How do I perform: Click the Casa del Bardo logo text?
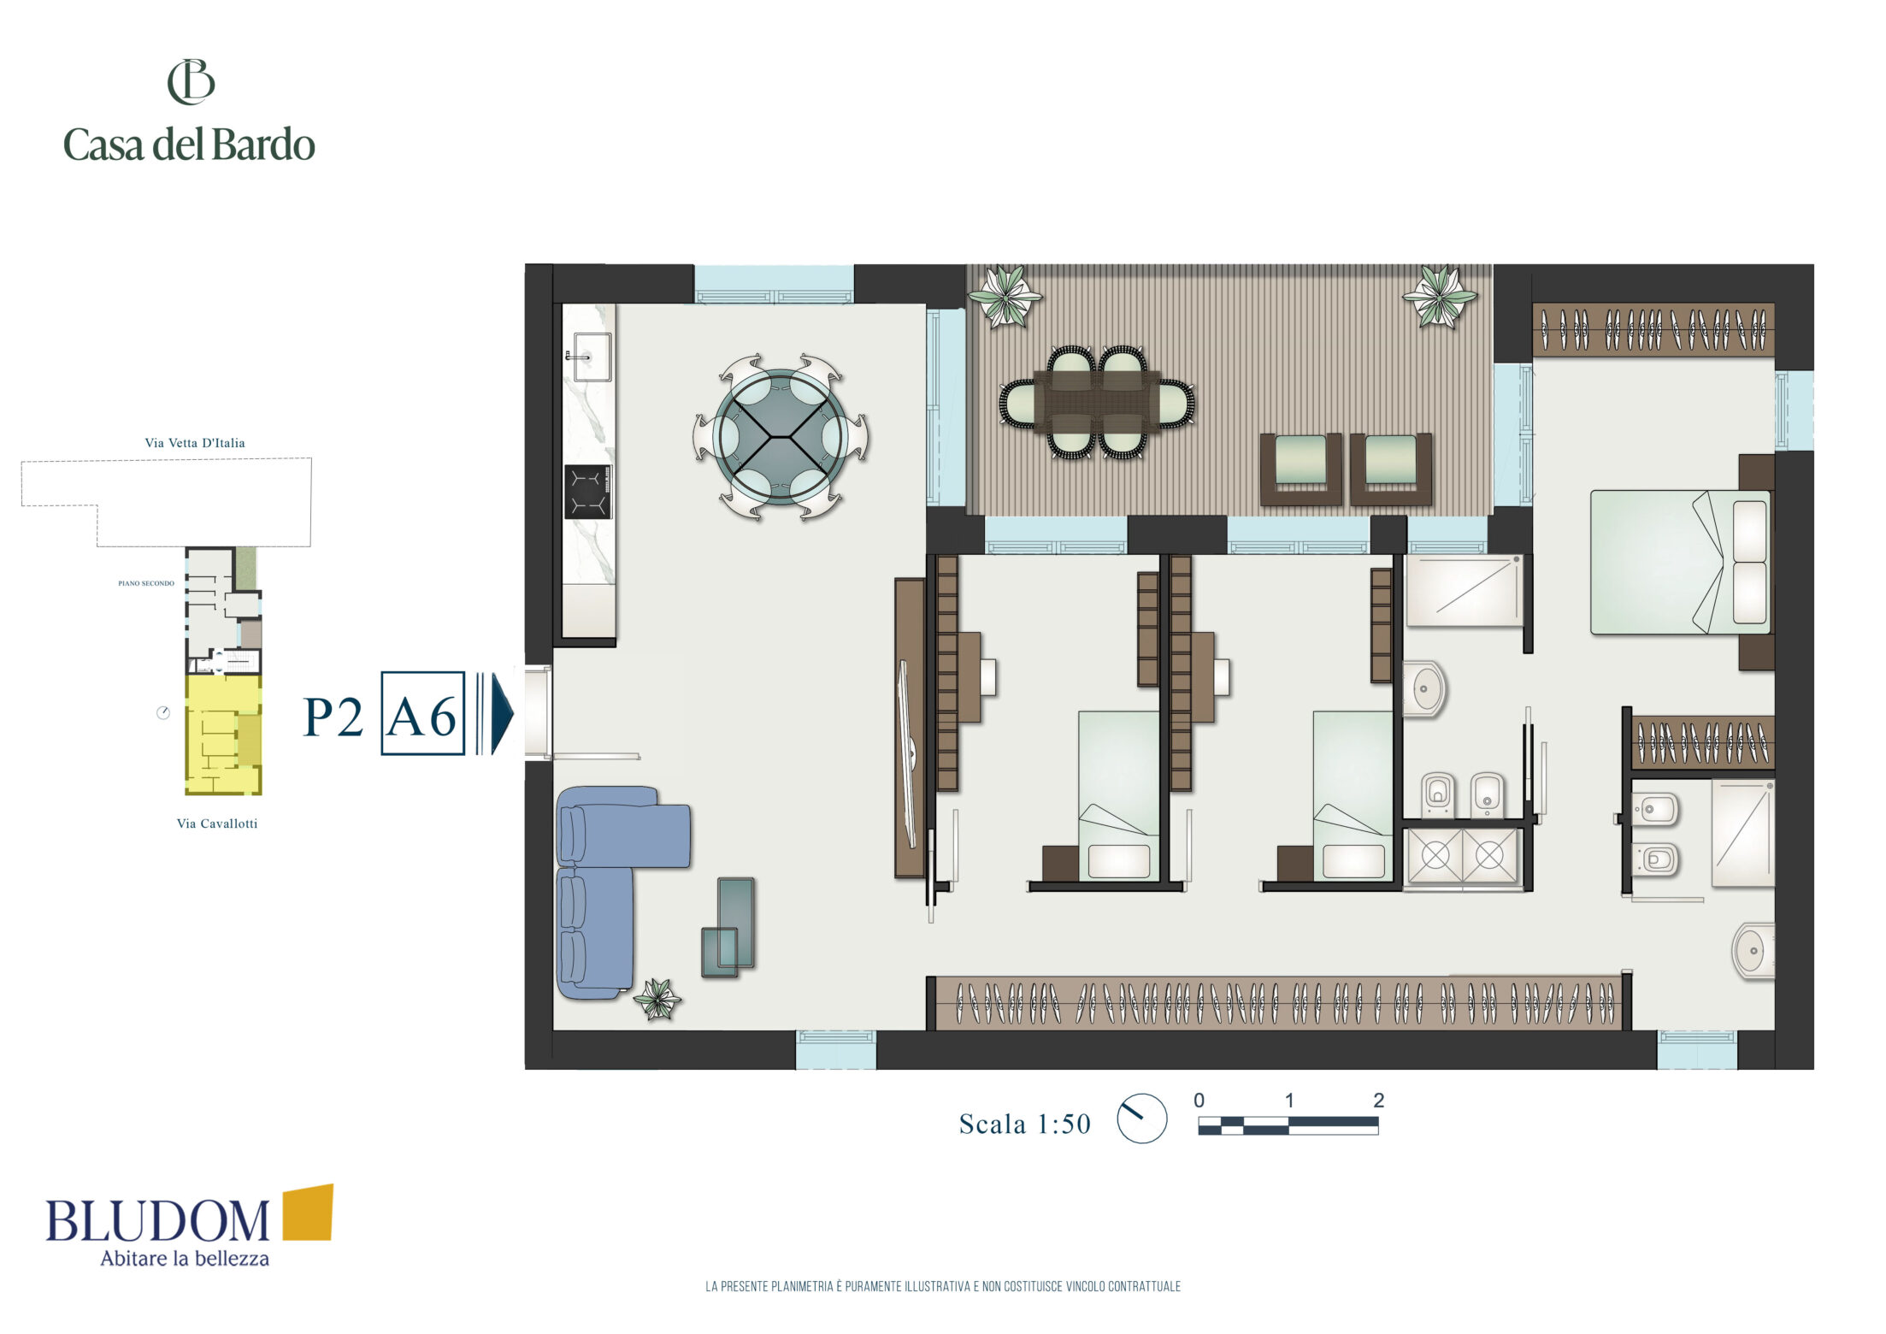[x=189, y=145]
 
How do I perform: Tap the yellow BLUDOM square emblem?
[x=308, y=1212]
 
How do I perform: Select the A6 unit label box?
[x=422, y=713]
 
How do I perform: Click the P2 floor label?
[x=333, y=717]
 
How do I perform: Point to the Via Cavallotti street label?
[x=217, y=823]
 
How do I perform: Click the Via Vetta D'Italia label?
[x=195, y=443]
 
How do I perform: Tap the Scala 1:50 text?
[x=1025, y=1124]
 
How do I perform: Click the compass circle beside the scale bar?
[x=1142, y=1118]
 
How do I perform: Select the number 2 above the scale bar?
[x=1378, y=1101]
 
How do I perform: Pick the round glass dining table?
[x=781, y=436]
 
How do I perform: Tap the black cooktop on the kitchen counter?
[x=588, y=492]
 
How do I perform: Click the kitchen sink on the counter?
[x=591, y=357]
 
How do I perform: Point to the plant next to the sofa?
[x=657, y=999]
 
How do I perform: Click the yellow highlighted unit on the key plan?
[x=223, y=735]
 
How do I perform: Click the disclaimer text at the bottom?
[x=943, y=1286]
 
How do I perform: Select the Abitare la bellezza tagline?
[x=185, y=1258]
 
